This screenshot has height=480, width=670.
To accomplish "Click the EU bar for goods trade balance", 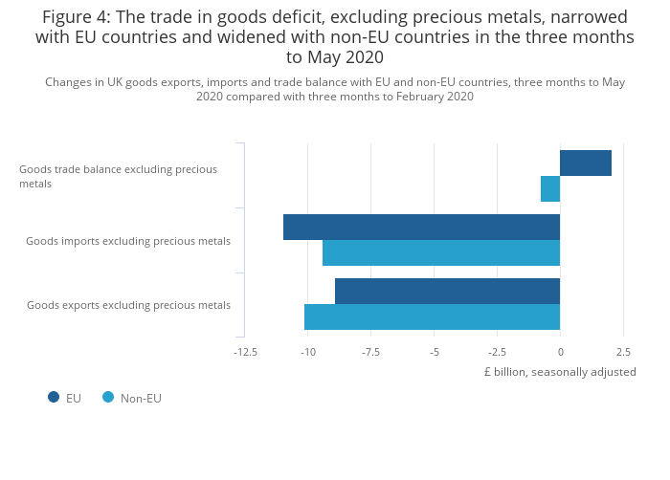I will pos(585,164).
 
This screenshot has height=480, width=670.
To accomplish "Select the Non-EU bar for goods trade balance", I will pos(550,188).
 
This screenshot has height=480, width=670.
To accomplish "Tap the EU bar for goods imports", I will pos(421,228).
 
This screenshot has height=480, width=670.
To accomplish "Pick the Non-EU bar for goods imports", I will pos(440,252).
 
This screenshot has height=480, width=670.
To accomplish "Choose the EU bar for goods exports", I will pos(447,292).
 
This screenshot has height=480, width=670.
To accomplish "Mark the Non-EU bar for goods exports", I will pos(432,316).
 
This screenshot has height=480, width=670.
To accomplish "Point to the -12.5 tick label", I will pos(245,352).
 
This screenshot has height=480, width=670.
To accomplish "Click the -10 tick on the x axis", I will pos(308,352).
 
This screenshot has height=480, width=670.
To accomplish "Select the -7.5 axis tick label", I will pos(370,352).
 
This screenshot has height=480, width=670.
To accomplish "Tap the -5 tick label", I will pos(434,352).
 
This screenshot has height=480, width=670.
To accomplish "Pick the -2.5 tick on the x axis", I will pos(497,352).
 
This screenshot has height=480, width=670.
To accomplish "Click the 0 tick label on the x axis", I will pos(560,352).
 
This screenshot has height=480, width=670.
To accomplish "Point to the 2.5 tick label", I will pos(623,352).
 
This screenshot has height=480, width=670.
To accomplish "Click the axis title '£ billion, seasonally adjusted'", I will pos(560,372).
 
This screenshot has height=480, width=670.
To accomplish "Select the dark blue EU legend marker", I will pos(54,397).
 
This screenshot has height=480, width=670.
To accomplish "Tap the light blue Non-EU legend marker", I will pos(108,397).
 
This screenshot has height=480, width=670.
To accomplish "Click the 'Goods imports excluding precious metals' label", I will pos(128,241).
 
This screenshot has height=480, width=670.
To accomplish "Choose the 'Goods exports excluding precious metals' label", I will pos(128,305).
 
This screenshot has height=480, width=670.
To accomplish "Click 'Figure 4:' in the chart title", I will pos(77,17).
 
